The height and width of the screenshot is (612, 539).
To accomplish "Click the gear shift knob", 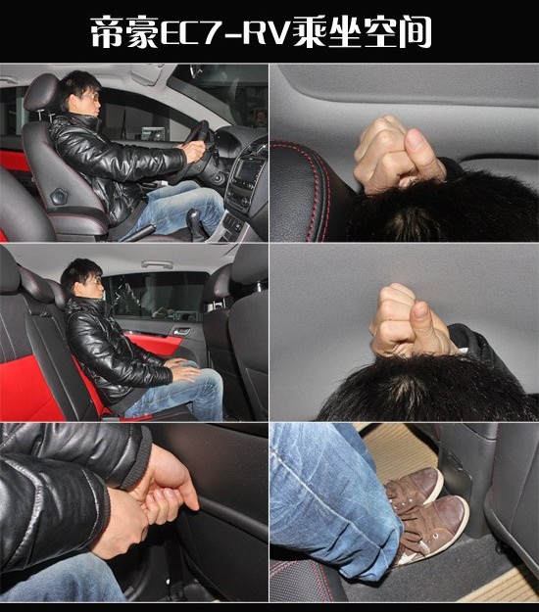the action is [194, 218].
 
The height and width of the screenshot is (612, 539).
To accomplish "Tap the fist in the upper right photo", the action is [399, 156].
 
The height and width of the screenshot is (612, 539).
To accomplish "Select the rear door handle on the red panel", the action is [181, 331].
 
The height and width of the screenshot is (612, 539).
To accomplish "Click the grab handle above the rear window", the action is [157, 264].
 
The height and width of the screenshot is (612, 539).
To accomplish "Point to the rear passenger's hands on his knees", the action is [183, 369].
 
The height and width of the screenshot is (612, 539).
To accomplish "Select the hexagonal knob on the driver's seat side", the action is [58, 196].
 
